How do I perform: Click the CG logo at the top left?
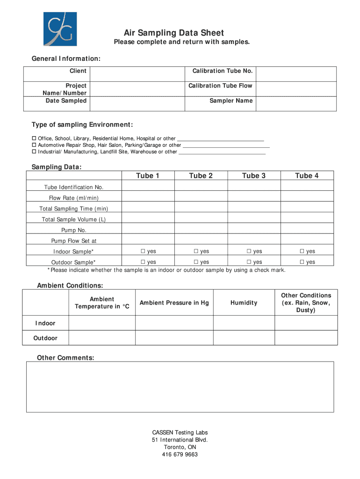coord(60,29)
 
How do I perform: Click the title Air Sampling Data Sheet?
coord(174,33)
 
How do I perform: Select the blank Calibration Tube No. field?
coord(295,74)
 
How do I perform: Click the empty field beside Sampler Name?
coord(295,103)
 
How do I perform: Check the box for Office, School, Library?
coord(34,138)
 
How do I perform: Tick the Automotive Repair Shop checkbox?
coord(34,145)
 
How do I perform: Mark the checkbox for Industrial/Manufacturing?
coord(34,152)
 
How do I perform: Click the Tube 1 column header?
coord(148,175)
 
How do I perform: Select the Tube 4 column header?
coord(307,175)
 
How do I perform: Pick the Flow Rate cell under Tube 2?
coord(201,197)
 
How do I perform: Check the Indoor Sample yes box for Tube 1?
coord(143,252)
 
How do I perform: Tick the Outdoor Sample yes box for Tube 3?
coord(249,262)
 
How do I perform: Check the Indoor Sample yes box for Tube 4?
coord(302,252)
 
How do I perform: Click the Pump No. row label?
coord(74,230)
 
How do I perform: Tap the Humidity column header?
coord(244,303)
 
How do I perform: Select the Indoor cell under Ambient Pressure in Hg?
coord(174,323)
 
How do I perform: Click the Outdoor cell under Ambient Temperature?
coord(101,338)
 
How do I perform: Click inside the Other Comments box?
coord(180,386)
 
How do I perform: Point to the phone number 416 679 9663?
coord(180,454)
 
